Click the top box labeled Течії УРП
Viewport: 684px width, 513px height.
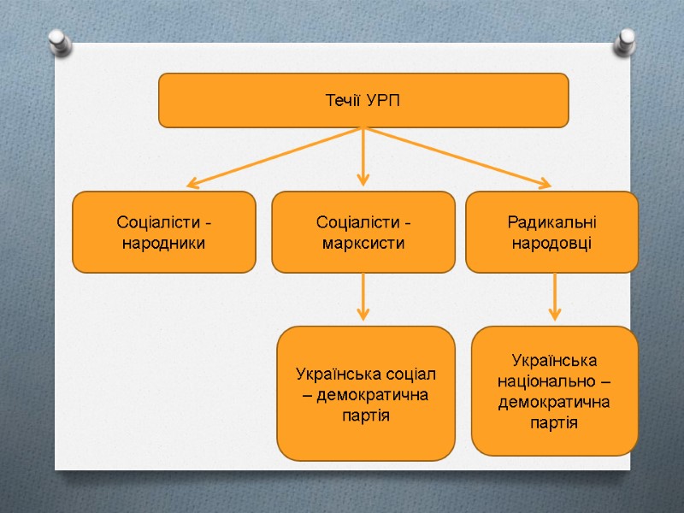[x=363, y=100]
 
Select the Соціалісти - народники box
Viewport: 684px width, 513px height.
[x=164, y=232]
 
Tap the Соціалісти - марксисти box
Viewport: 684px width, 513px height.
[x=363, y=232]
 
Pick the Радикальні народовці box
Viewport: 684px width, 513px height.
[x=551, y=232]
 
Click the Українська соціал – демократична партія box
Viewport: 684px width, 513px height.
[x=366, y=392]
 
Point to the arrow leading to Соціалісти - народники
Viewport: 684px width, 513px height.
[x=274, y=157]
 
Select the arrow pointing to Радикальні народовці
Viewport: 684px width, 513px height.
[x=457, y=157]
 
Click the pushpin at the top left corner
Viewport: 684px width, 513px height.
[x=58, y=41]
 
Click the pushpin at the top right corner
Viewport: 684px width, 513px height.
[x=627, y=40]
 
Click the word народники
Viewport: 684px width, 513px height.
[x=164, y=243]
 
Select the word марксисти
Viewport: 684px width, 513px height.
[x=363, y=243]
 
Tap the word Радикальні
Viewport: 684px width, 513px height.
[x=551, y=222]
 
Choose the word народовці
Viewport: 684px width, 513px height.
[x=551, y=243]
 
